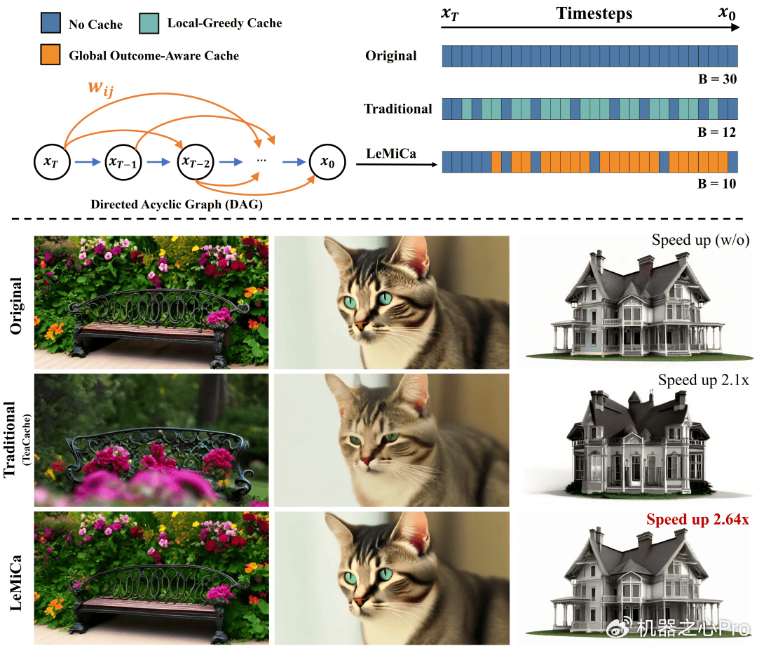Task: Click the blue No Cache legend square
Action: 50,25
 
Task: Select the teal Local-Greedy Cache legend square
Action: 149,24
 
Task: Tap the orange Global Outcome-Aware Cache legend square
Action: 50,55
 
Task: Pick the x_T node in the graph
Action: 50,162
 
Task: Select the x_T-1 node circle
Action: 123,162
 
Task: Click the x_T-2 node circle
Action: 196,162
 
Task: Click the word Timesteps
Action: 594,13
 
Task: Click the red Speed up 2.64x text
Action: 697,520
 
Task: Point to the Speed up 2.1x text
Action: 704,380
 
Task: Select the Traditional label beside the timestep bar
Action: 398,109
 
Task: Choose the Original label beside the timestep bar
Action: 391,55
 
